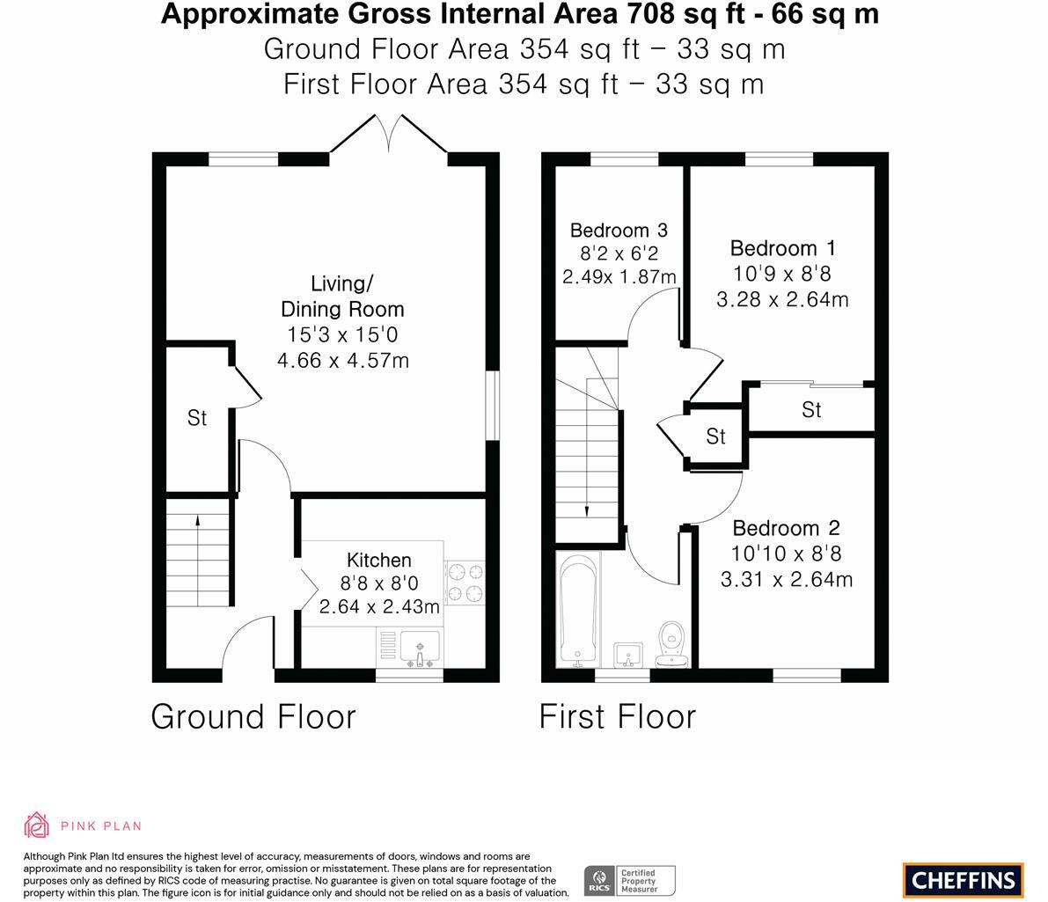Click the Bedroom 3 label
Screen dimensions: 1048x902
(x=619, y=231)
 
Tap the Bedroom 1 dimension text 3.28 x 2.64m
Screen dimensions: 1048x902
(x=782, y=299)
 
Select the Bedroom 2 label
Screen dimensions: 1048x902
(x=786, y=528)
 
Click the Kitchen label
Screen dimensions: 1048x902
(x=379, y=560)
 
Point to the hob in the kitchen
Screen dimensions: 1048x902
(x=465, y=583)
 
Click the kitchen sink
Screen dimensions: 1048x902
(x=420, y=648)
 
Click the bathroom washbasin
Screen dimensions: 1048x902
(x=627, y=654)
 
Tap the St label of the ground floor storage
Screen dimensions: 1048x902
(x=197, y=418)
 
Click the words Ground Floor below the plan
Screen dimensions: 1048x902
(x=253, y=717)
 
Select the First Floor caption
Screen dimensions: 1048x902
(x=618, y=717)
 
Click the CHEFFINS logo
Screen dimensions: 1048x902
(x=964, y=880)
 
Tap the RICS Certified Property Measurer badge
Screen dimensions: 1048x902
(x=630, y=881)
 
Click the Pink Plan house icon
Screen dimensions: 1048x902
(x=36, y=825)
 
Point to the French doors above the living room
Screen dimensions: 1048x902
(x=388, y=135)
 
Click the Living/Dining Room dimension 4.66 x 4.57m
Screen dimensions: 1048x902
(x=343, y=361)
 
